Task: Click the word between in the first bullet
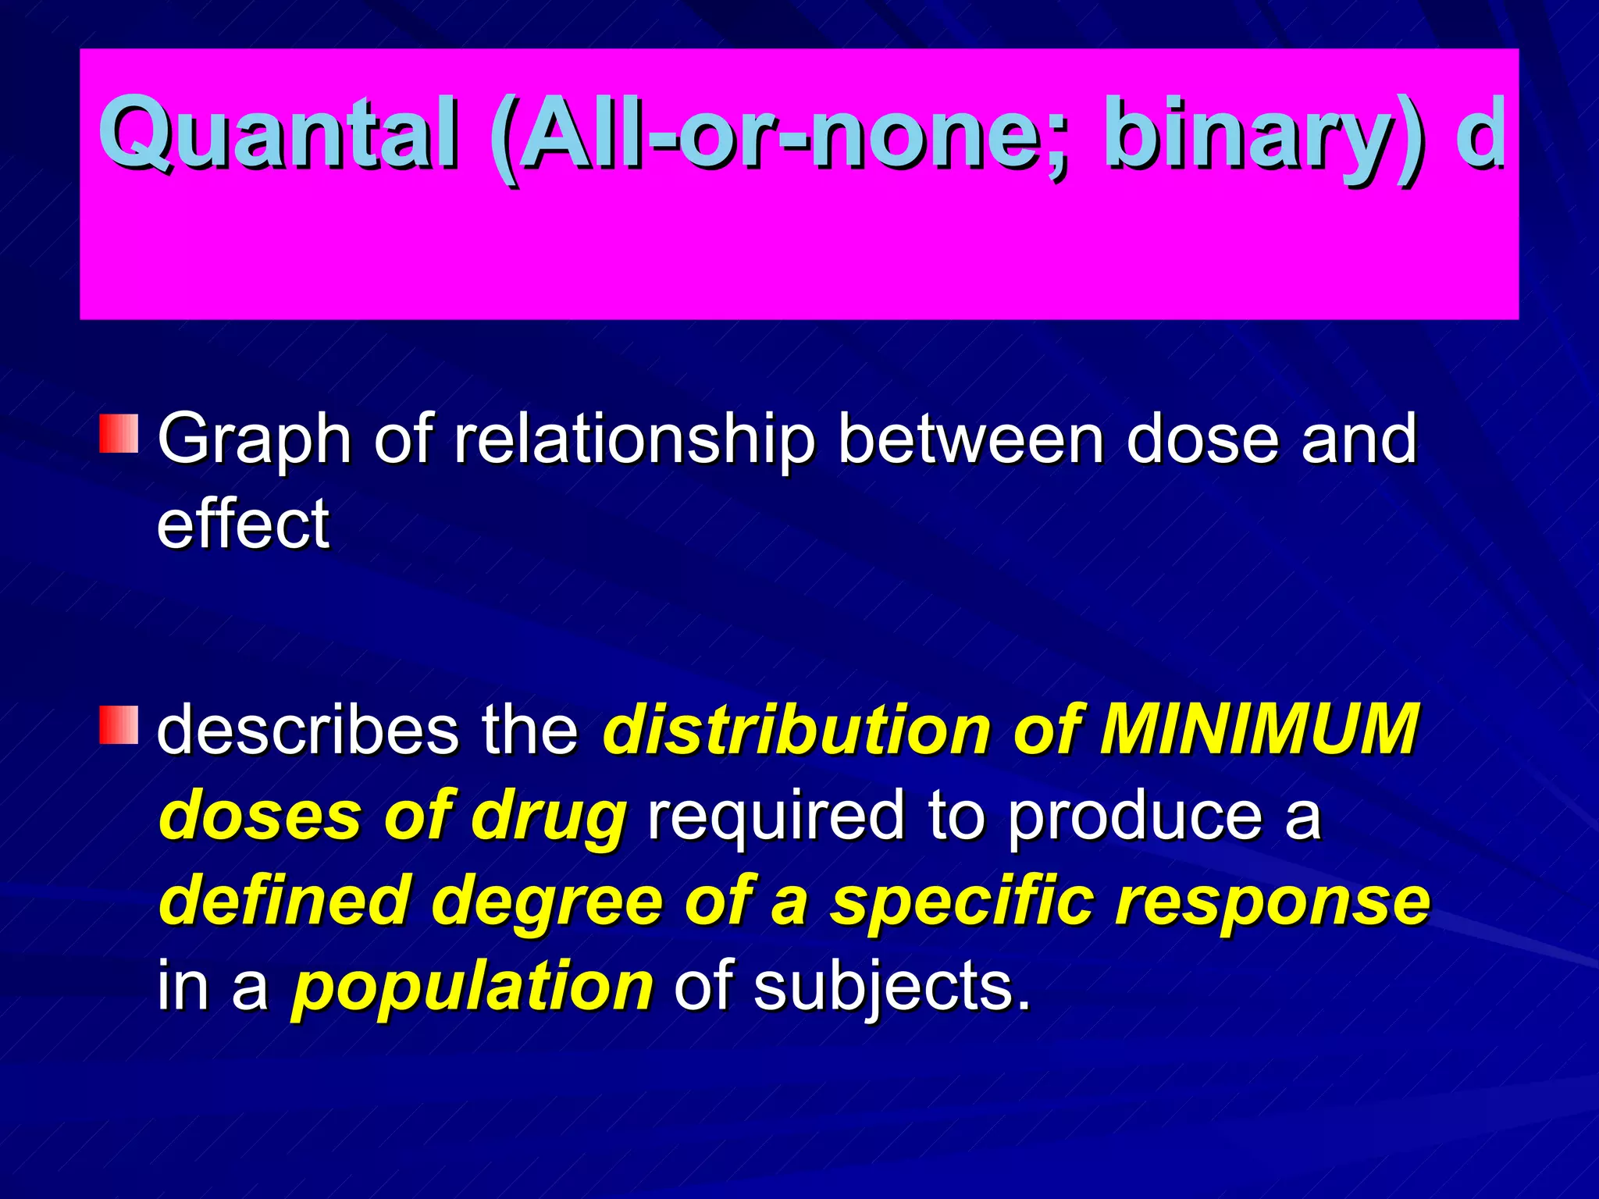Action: click(970, 439)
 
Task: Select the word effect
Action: click(243, 525)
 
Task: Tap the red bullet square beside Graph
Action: click(119, 434)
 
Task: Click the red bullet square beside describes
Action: click(119, 725)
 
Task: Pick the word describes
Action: click(308, 730)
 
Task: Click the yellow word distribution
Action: click(796, 730)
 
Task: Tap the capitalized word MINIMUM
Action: click(1258, 730)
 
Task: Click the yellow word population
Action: click(472, 987)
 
